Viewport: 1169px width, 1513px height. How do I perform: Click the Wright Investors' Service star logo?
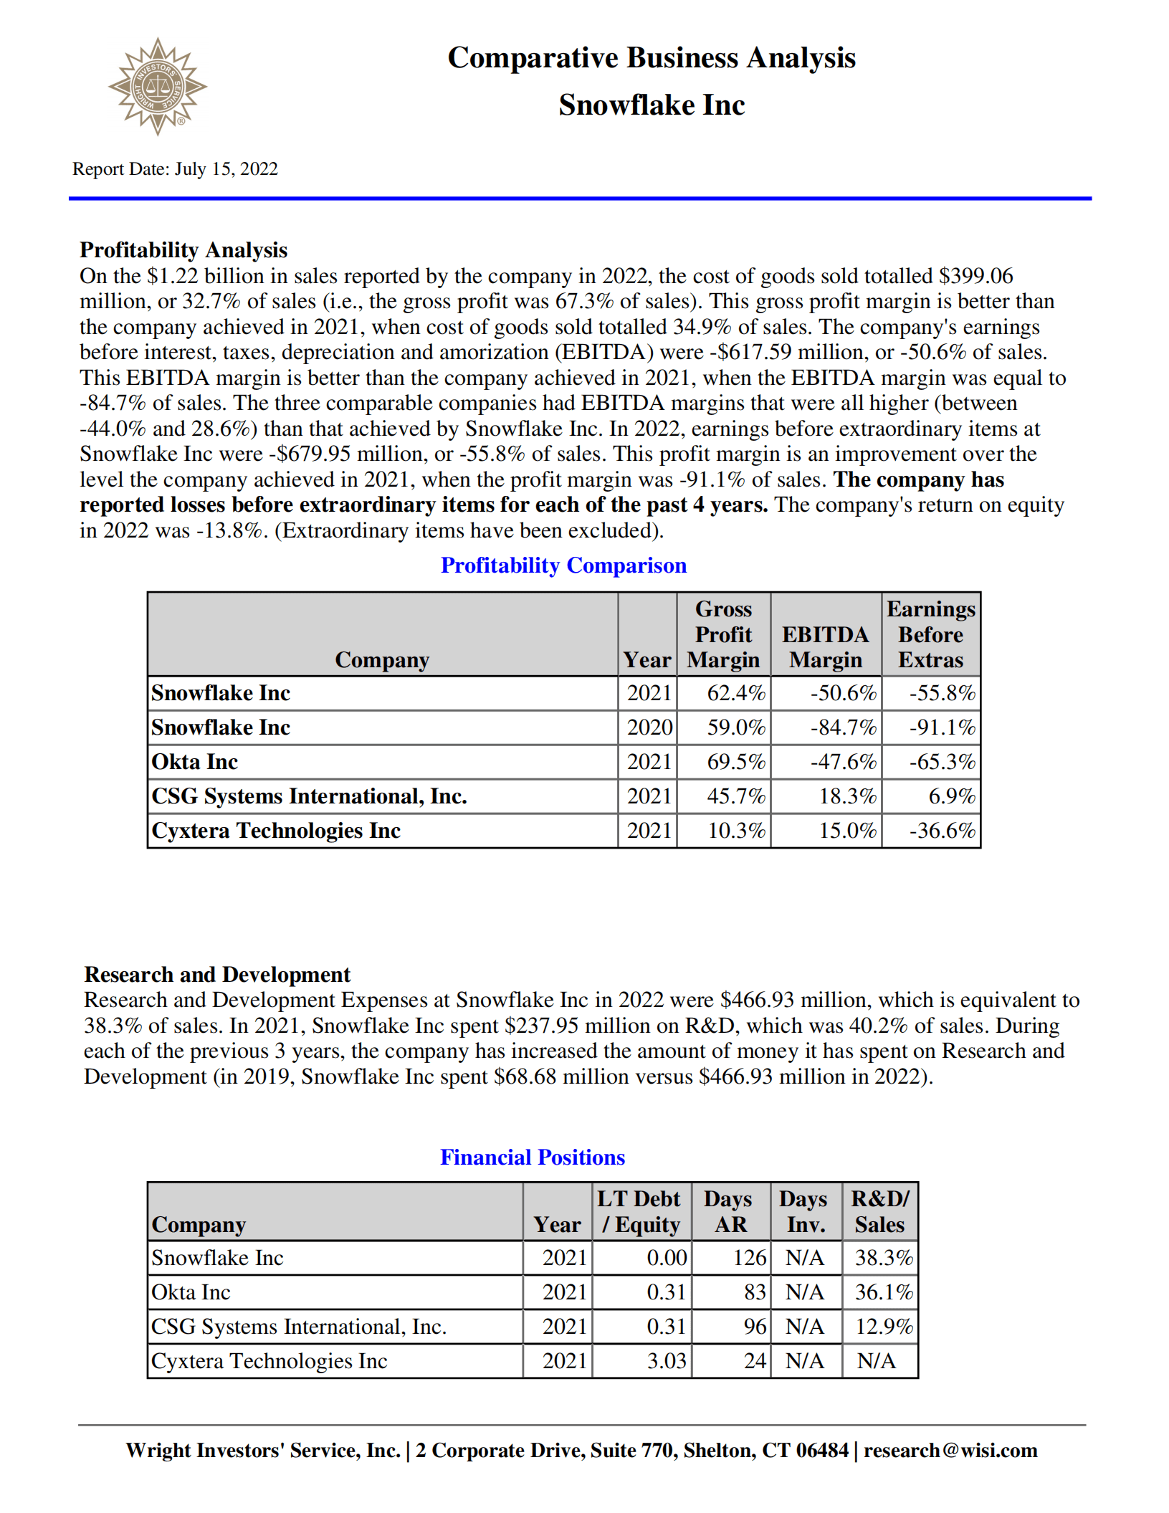157,87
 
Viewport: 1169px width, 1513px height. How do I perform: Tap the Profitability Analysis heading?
183,250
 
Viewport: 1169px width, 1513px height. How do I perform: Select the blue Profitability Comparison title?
563,565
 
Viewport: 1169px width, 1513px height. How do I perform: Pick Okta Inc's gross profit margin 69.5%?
735,762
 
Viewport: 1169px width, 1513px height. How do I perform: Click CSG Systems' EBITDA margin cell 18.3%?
847,796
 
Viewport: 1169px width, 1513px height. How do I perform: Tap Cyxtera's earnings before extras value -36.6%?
942,831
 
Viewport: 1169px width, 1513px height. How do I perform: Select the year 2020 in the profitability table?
649,727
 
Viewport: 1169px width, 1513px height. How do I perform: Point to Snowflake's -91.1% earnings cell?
942,727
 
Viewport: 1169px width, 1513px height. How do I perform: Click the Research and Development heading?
217,975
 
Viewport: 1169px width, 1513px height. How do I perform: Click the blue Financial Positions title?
533,1158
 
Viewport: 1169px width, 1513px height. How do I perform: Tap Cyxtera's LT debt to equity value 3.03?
666,1361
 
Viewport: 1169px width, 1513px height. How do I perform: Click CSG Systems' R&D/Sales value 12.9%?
884,1327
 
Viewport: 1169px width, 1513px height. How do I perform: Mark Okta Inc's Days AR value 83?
754,1292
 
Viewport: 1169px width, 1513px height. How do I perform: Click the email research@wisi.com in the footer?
950,1451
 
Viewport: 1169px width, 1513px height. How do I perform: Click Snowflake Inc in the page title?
652,105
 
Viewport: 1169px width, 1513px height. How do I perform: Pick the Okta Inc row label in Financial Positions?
191,1292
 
